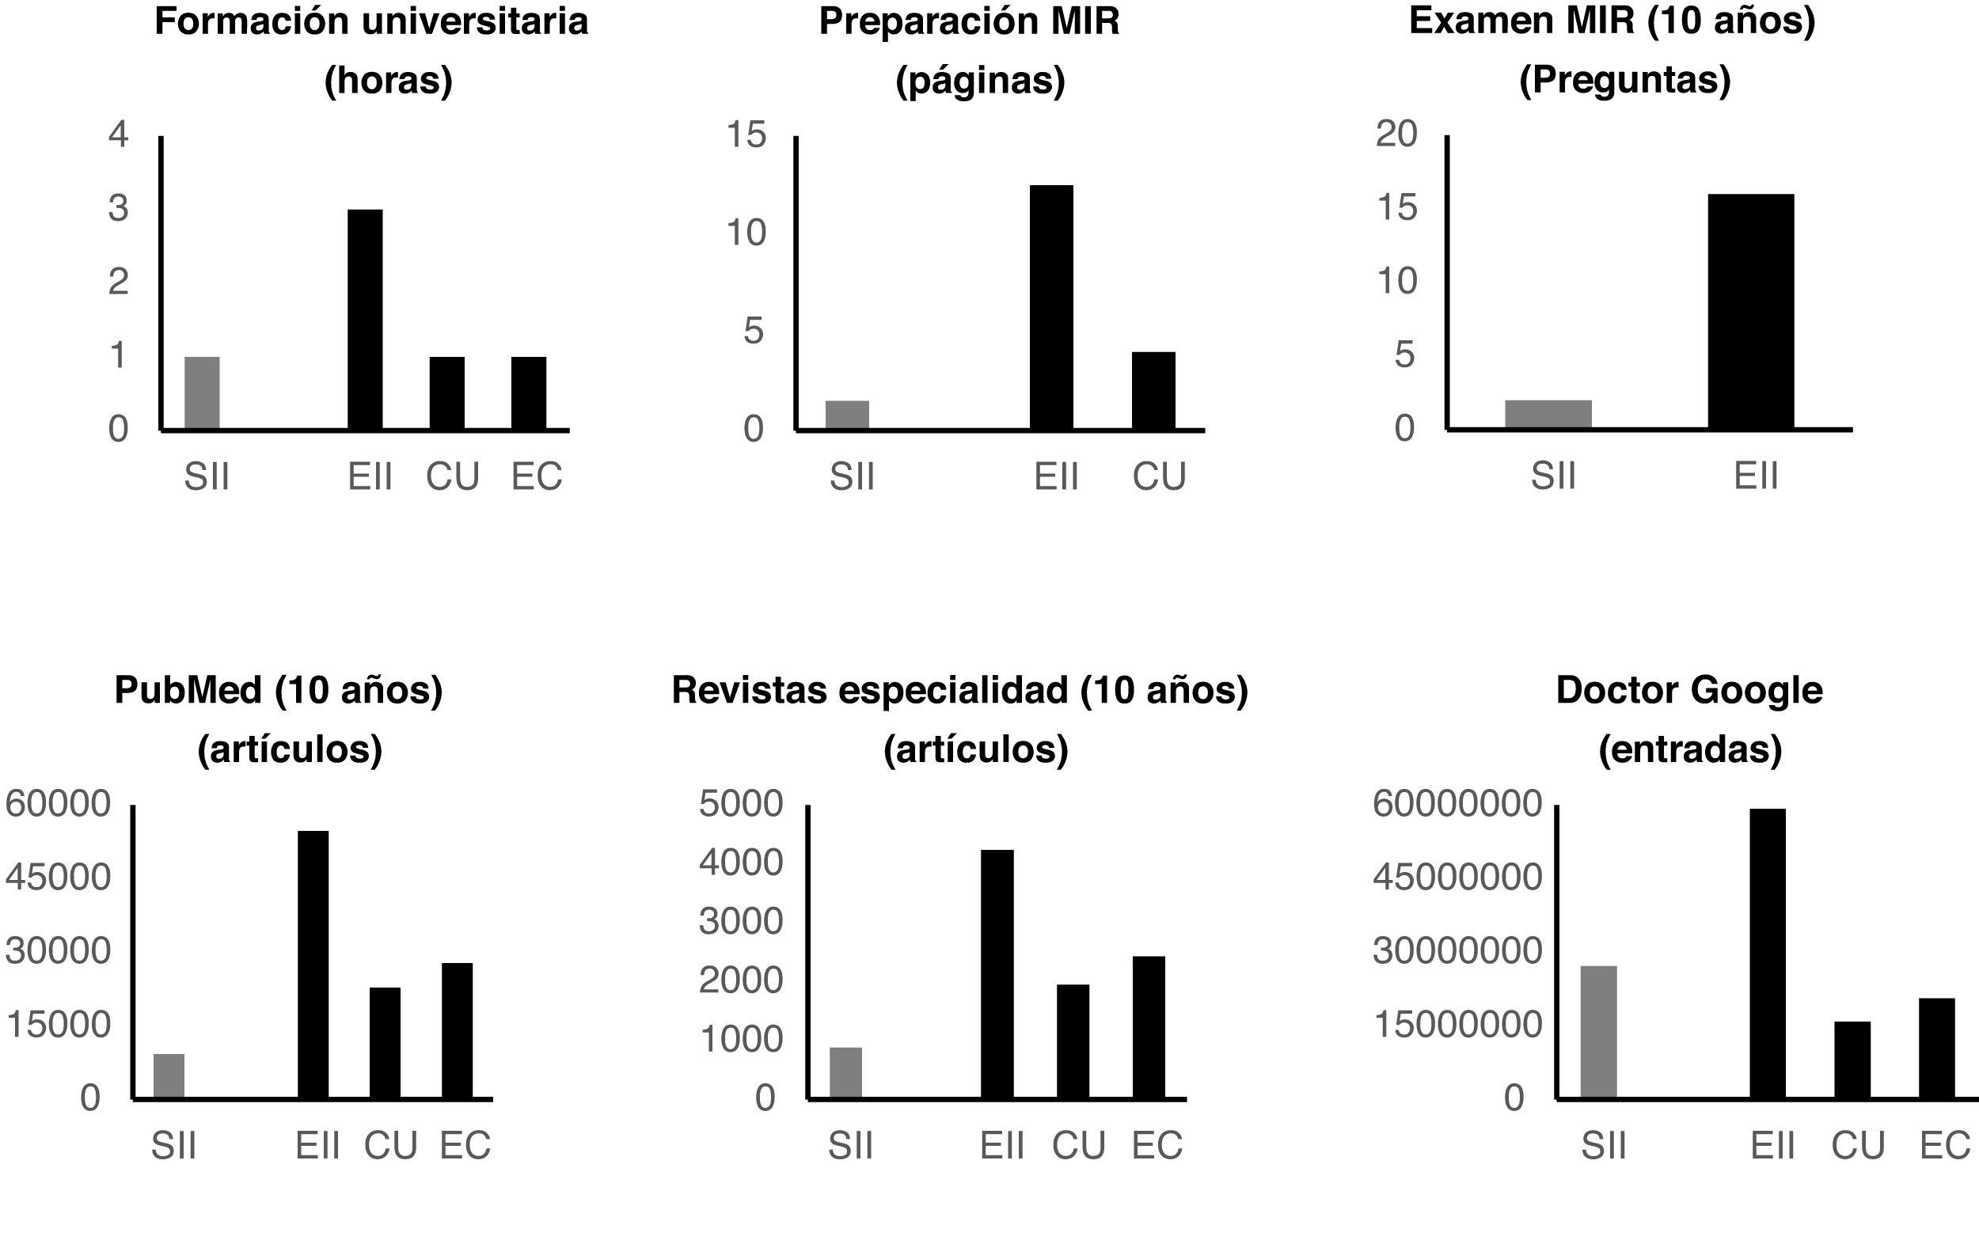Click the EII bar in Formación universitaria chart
click(365, 320)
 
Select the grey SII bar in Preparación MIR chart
click(847, 415)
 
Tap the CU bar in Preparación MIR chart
click(1153, 390)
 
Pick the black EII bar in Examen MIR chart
click(1751, 312)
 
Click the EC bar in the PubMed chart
click(457, 1030)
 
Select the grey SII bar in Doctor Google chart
click(1598, 1032)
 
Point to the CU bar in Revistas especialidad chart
click(1073, 1041)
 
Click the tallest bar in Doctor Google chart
click(1768, 953)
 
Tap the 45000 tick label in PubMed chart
click(58, 878)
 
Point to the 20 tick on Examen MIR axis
click(1396, 134)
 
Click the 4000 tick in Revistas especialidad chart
click(741, 863)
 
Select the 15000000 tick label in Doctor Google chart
click(1457, 1024)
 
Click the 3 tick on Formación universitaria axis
click(118, 208)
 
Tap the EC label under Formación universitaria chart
click(537, 476)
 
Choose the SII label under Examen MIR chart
click(1552, 476)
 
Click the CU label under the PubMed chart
click(390, 1146)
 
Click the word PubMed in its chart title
click(188, 690)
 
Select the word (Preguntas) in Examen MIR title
click(1624, 81)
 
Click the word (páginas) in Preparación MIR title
click(980, 81)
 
